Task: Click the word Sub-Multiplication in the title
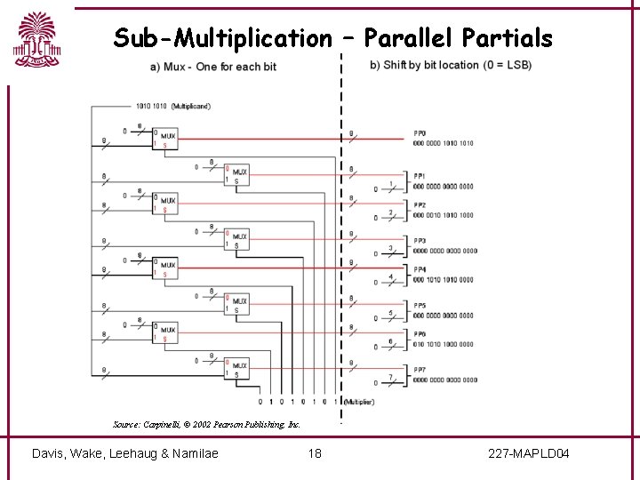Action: point(221,38)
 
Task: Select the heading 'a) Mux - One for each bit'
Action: point(213,67)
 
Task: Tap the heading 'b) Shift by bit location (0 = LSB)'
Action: point(450,66)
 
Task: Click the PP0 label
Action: point(420,133)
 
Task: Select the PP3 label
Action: point(420,241)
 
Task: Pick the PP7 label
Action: point(420,370)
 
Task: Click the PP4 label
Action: point(420,269)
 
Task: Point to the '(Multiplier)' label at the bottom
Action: point(359,402)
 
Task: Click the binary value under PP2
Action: point(444,215)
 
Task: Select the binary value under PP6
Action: point(444,344)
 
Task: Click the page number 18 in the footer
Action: point(314,454)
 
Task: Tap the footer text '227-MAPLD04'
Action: point(529,454)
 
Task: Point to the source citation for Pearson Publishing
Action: point(206,424)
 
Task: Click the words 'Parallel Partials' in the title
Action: point(458,38)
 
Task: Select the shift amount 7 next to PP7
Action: point(390,377)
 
